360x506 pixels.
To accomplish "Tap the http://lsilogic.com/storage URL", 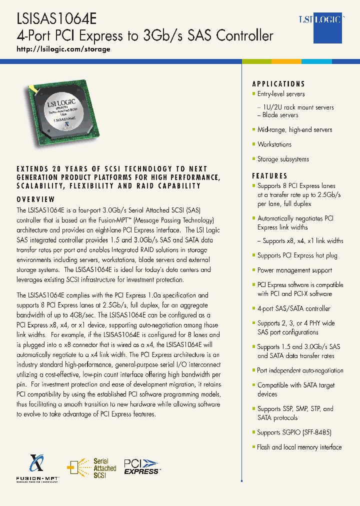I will [63, 49].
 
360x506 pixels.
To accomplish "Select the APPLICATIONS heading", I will [278, 84].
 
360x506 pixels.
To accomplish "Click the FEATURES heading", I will [270, 176].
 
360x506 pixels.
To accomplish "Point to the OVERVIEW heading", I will [36, 199].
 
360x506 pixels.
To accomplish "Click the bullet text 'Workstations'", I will [274, 144].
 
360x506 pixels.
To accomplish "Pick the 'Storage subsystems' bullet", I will [283, 159].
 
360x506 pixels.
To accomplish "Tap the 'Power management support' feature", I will [294, 270].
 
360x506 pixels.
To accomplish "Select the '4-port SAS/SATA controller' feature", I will [293, 308].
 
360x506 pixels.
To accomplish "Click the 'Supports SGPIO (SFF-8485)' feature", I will [294, 432].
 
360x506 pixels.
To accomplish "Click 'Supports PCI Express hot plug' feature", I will [297, 255].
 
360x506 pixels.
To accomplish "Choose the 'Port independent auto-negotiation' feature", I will [300, 370].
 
